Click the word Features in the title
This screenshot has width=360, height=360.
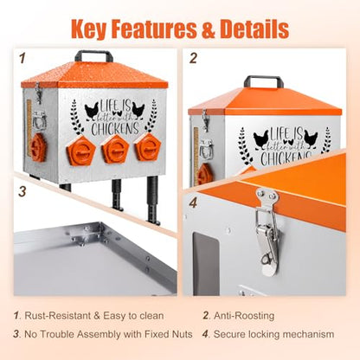click(x=154, y=29)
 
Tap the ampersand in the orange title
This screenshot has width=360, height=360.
click(x=209, y=29)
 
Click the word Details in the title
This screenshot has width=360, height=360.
click(x=254, y=29)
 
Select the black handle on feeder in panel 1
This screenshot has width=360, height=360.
click(x=93, y=55)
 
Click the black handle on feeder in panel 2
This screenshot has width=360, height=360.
click(x=262, y=81)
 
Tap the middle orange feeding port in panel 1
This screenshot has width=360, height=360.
click(x=114, y=148)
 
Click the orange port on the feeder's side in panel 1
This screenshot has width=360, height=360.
click(x=38, y=147)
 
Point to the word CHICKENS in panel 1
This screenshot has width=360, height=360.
click(x=115, y=129)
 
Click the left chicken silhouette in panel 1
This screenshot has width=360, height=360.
click(x=92, y=111)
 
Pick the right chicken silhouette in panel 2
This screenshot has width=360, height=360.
click(x=311, y=138)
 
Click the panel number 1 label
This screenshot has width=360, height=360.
click(x=22, y=58)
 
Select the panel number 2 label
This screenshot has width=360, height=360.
click(x=193, y=58)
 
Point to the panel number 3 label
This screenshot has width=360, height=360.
click(x=22, y=191)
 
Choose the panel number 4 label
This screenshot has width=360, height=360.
click(x=193, y=202)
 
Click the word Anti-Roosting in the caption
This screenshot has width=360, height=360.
click(x=244, y=316)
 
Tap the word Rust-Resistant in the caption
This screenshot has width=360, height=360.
click(x=58, y=316)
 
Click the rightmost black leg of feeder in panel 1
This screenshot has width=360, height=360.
click(x=153, y=201)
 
